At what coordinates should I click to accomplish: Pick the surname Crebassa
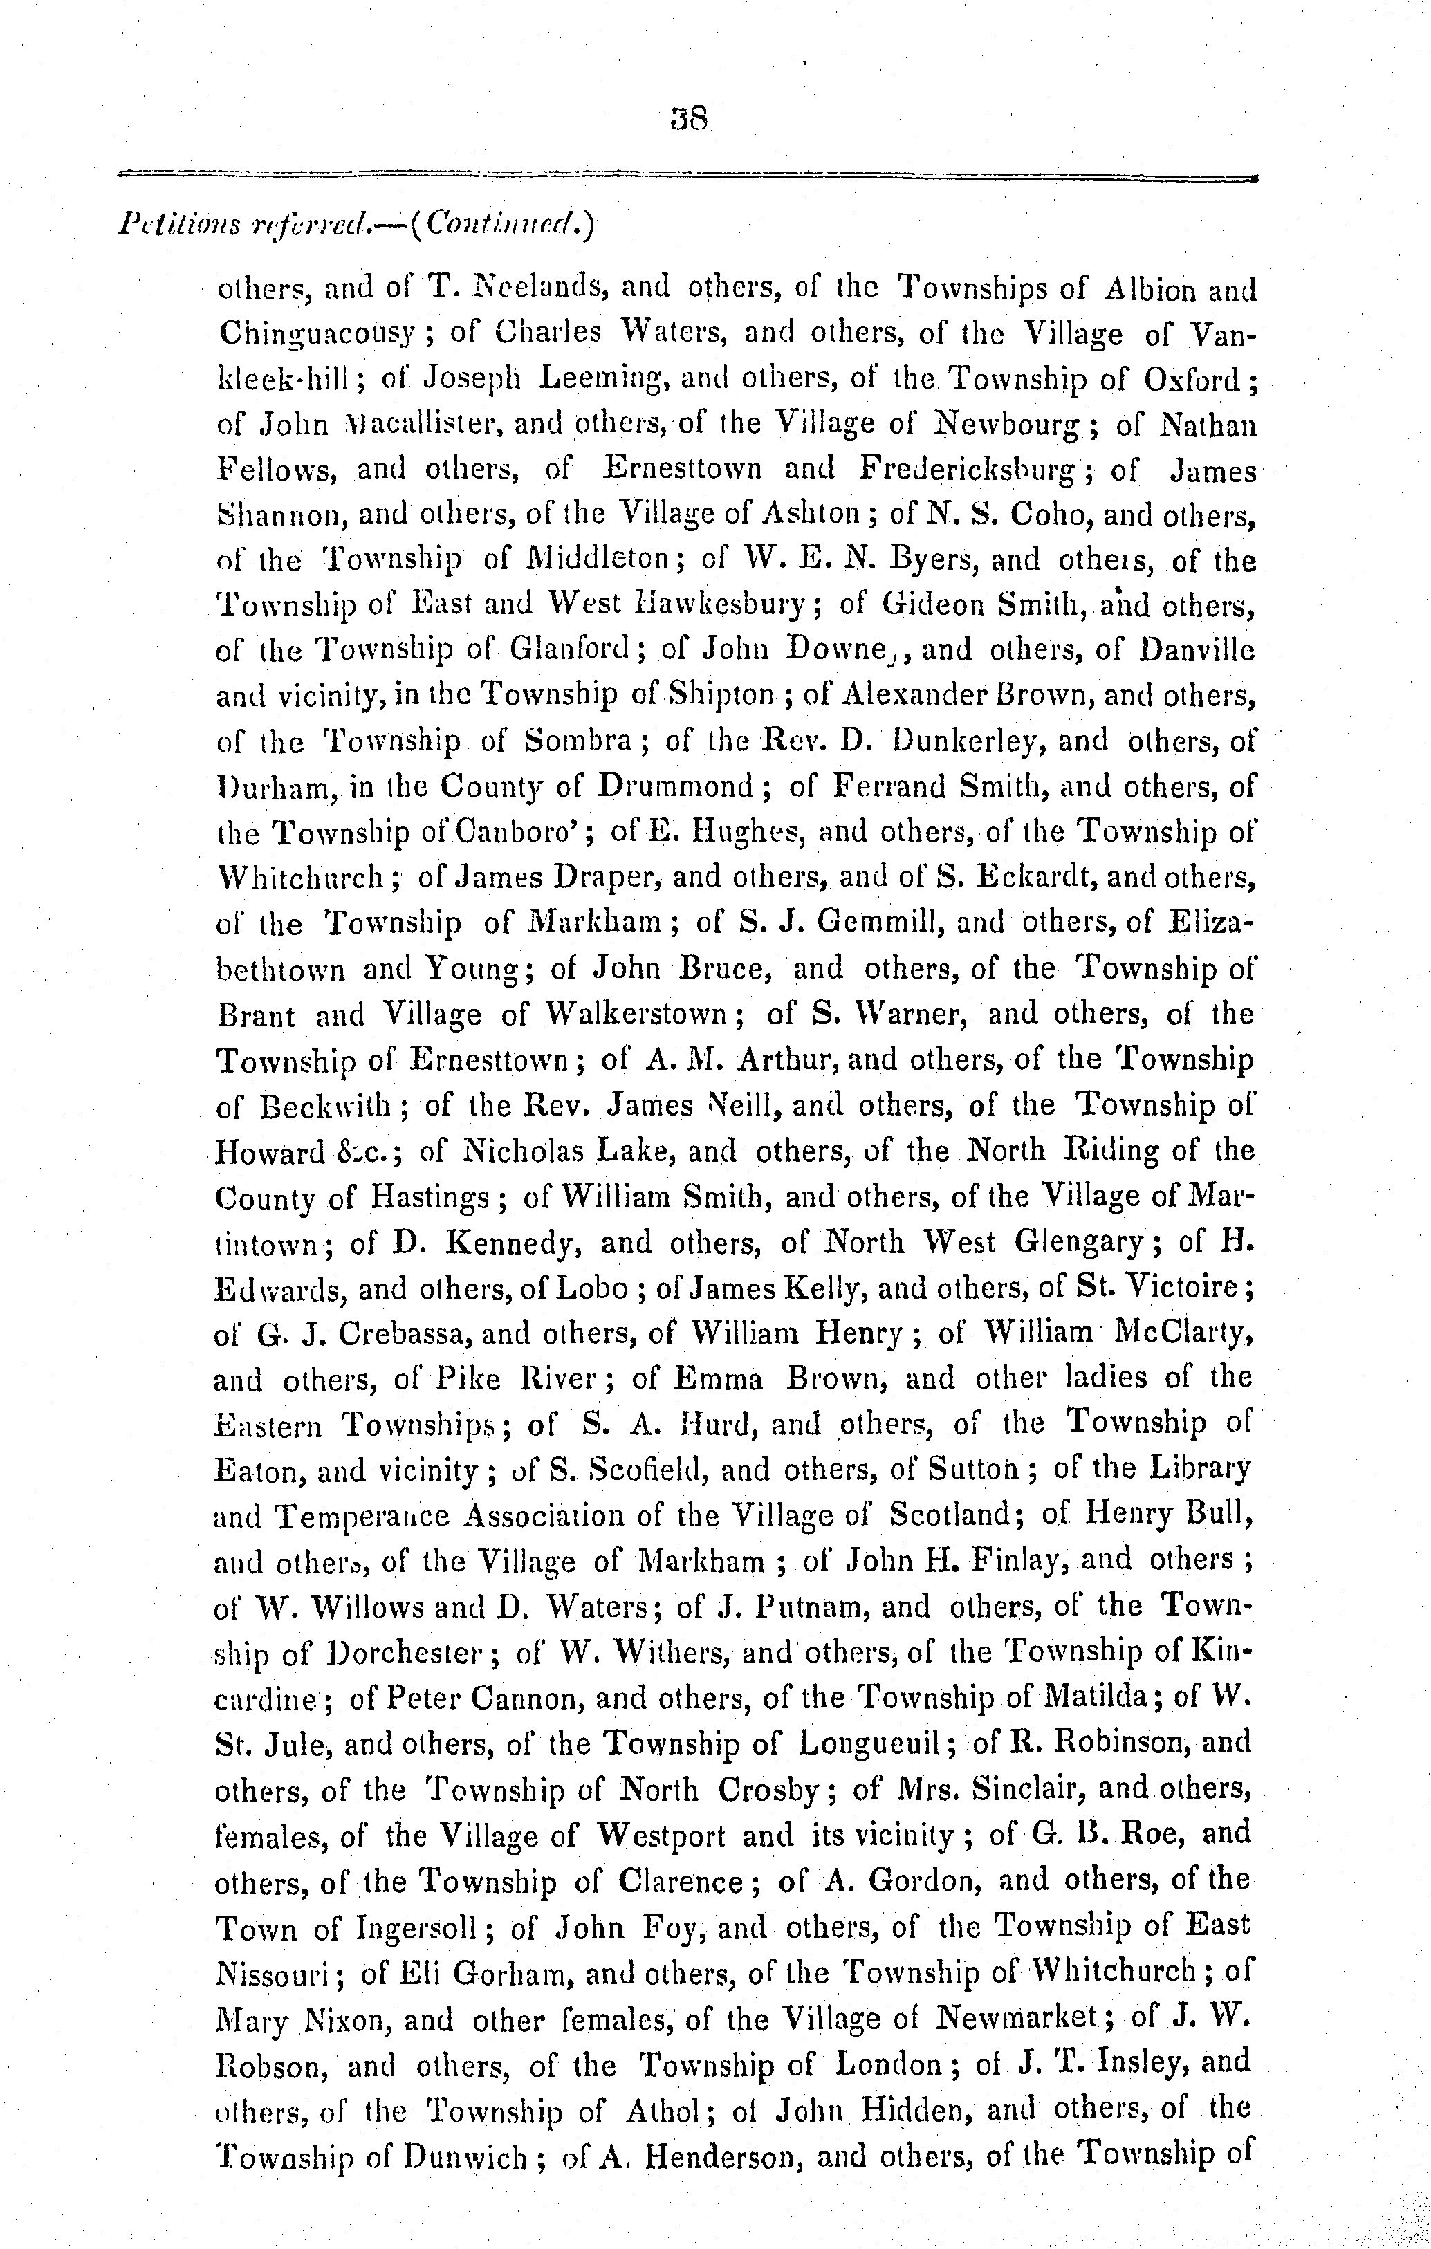point(387,1334)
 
